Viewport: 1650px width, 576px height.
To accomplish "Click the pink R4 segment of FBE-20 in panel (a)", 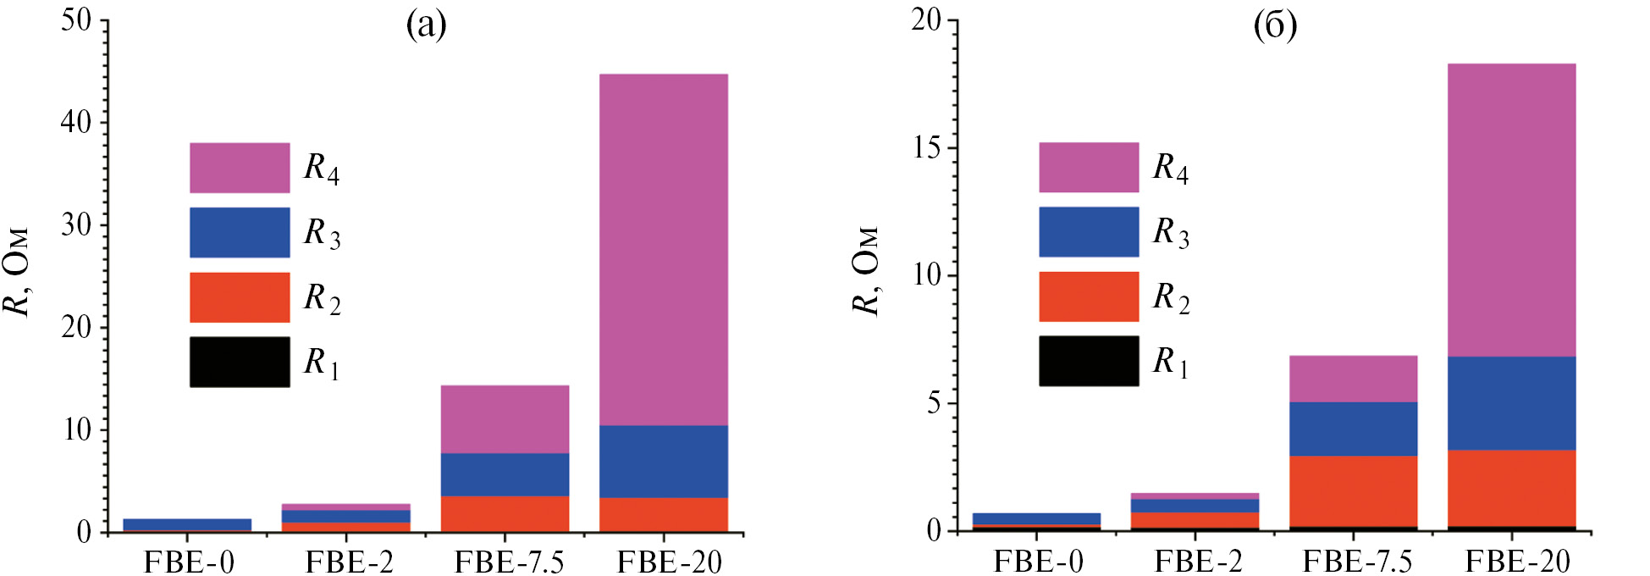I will point(664,249).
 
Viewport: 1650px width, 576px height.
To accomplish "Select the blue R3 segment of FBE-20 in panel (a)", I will point(664,461).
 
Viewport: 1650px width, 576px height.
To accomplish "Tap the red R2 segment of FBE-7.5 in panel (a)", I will point(505,513).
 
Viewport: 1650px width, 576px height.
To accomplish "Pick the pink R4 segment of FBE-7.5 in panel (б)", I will point(1353,379).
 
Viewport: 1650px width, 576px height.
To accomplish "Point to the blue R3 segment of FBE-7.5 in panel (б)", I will point(1353,429).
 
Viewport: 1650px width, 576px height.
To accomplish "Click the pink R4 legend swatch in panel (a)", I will point(240,168).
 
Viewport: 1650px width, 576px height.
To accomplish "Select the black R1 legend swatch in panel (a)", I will point(240,362).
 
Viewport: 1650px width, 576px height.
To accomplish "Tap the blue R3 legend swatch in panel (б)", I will point(1089,232).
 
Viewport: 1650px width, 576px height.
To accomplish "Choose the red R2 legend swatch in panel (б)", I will point(1089,296).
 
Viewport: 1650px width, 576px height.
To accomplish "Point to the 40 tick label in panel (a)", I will point(76,122).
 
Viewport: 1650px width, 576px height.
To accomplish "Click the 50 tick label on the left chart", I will point(76,19).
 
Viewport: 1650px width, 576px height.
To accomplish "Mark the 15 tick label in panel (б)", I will point(926,147).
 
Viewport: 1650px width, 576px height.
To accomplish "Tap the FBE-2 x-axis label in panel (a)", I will point(349,562).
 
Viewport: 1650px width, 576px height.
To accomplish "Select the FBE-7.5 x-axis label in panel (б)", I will point(1357,562).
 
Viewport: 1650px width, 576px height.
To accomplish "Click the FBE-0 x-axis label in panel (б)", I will point(1038,562).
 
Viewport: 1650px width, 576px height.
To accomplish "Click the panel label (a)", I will point(426,25).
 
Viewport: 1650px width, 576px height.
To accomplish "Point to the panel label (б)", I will point(1275,25).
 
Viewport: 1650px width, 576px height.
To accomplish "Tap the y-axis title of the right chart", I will point(866,271).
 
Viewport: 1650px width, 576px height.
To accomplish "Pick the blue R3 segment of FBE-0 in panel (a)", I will point(187,523).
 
